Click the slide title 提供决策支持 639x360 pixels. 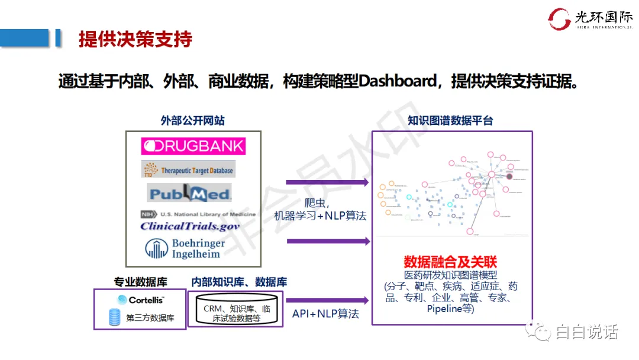(x=135, y=39)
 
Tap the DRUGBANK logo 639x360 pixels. (x=193, y=146)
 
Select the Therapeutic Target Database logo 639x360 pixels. (x=189, y=170)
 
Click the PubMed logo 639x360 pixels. (x=189, y=193)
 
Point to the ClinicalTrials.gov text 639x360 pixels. (x=190, y=226)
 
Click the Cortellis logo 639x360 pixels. (x=141, y=300)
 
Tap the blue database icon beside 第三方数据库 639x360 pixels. (x=114, y=317)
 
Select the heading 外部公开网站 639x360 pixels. (x=193, y=121)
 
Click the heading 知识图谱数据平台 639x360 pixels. (x=451, y=121)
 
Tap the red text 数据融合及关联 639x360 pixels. (x=451, y=262)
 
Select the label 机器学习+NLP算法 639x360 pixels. (x=320, y=216)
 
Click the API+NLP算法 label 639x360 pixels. (x=325, y=314)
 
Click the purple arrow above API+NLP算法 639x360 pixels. (x=327, y=300)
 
